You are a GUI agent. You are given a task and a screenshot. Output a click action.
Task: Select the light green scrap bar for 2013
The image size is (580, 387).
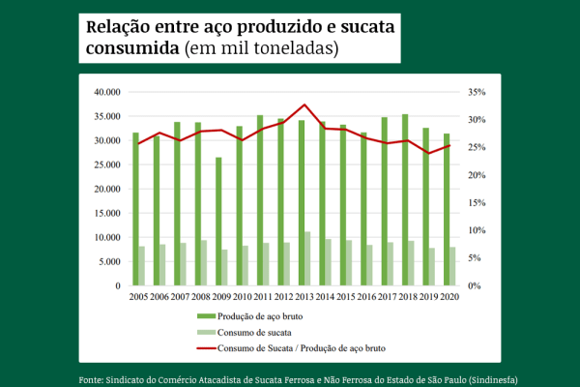(307, 258)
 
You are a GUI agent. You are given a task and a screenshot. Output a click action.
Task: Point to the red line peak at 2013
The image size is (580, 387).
(304, 104)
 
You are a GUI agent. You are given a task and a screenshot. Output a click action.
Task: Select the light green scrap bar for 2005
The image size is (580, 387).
(142, 266)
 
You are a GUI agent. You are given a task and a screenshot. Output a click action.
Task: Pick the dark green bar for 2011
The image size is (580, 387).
(260, 200)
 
